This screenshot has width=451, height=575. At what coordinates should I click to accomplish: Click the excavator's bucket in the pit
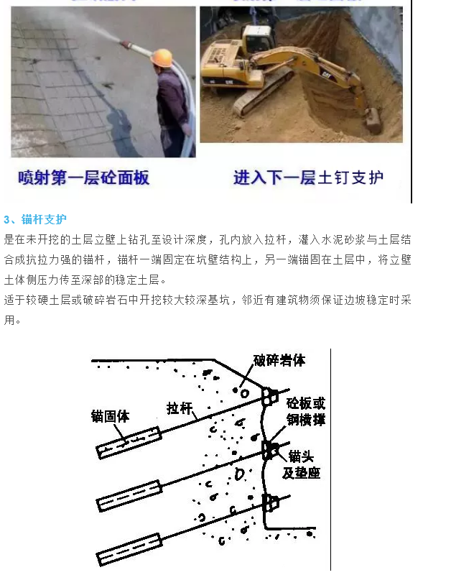coord(374,122)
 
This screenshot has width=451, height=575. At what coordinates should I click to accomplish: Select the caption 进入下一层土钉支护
coord(308,178)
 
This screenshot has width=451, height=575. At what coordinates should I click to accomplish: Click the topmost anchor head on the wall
coord(270,395)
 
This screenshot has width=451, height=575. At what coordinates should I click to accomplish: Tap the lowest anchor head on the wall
coord(270,502)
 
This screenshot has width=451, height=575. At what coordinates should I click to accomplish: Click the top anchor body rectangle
coord(129,441)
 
